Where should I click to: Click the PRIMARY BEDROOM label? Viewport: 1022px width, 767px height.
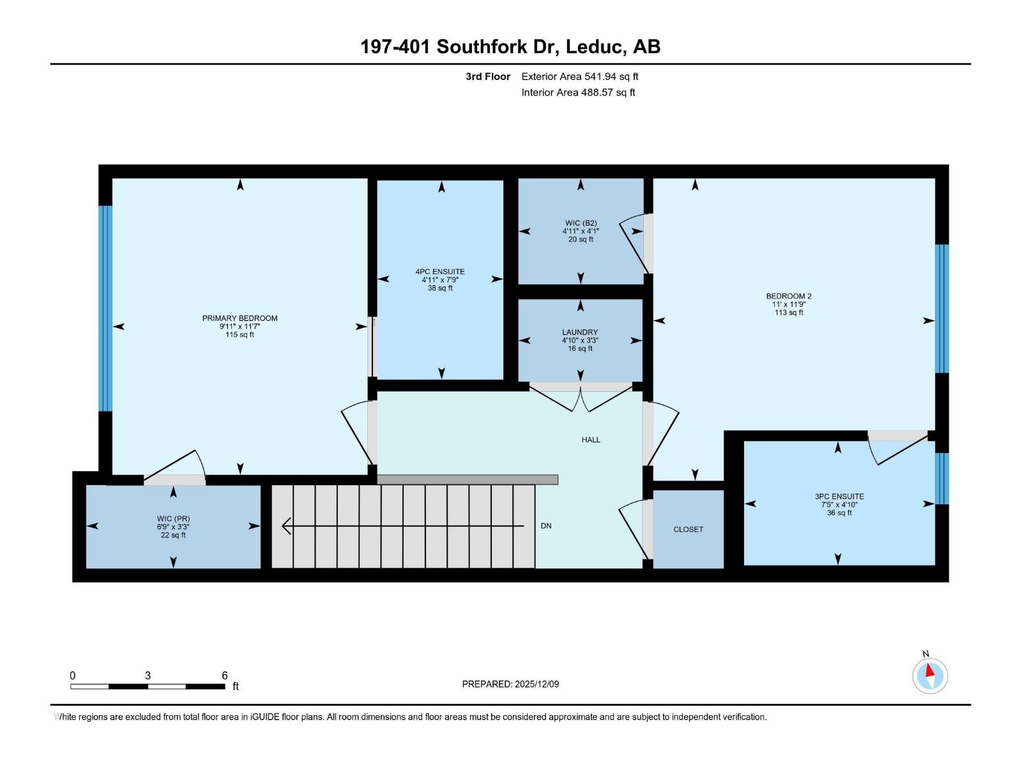[240, 318]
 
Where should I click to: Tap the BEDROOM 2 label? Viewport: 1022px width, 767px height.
[789, 296]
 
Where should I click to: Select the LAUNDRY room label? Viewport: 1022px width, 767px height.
[580, 332]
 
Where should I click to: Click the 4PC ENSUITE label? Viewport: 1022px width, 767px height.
[440, 272]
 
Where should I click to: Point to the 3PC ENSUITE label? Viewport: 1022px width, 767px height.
[839, 497]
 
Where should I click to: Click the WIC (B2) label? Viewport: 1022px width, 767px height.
[581, 223]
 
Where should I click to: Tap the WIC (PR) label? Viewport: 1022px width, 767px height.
[173, 519]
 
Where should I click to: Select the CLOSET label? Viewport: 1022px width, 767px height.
[688, 529]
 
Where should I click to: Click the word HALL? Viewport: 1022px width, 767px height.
[591, 440]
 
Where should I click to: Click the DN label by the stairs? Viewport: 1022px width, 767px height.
[546, 526]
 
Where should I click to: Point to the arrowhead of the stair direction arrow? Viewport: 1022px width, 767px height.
[286, 526]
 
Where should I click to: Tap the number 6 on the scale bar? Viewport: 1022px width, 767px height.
[225, 676]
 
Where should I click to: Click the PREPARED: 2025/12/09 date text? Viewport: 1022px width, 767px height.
[510, 684]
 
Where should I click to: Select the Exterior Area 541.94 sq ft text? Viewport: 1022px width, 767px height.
[580, 77]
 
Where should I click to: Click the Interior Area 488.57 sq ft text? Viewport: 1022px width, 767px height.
[578, 92]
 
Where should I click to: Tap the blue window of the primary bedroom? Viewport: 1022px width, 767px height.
[105, 308]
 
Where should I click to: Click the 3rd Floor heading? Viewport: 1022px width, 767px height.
[488, 77]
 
